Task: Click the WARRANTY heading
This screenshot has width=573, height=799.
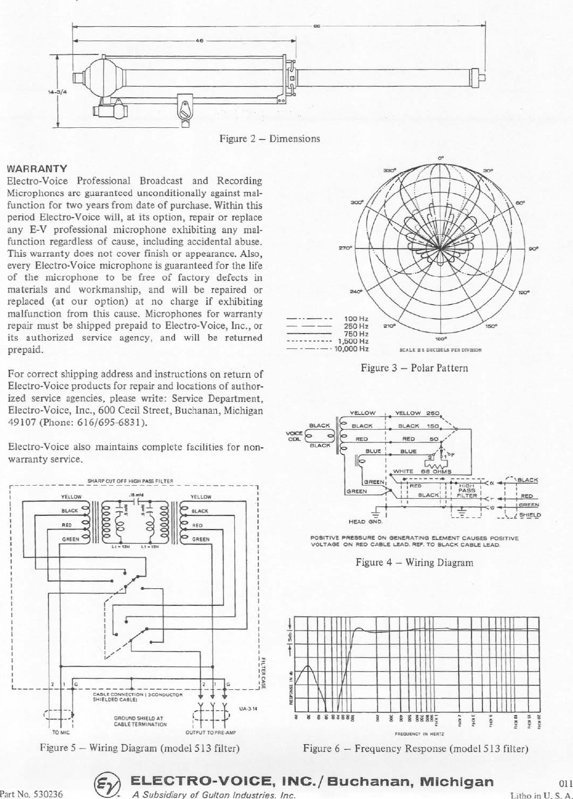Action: point(37,168)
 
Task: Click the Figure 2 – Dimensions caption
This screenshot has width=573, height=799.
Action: point(269,138)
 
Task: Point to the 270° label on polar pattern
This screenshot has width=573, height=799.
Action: point(345,248)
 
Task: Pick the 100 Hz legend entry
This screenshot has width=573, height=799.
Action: point(356,318)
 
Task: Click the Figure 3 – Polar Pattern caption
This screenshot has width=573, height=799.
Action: point(414,368)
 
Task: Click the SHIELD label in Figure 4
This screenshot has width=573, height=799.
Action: point(530,515)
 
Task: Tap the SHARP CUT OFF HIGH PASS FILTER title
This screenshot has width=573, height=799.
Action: point(130,481)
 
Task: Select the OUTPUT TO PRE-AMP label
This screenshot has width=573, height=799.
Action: point(210,733)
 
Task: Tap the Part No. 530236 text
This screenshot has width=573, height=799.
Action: point(31,794)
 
